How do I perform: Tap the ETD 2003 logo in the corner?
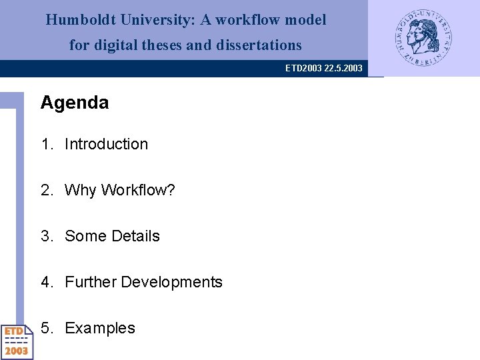coord(17,341)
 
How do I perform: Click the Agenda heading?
coord(75,103)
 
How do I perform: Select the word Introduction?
coord(106,144)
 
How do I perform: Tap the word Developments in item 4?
coord(171,282)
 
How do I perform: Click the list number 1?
coord(46,144)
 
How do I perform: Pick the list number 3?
coord(46,236)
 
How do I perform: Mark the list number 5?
coord(46,328)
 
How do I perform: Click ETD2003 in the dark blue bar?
coord(303,68)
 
